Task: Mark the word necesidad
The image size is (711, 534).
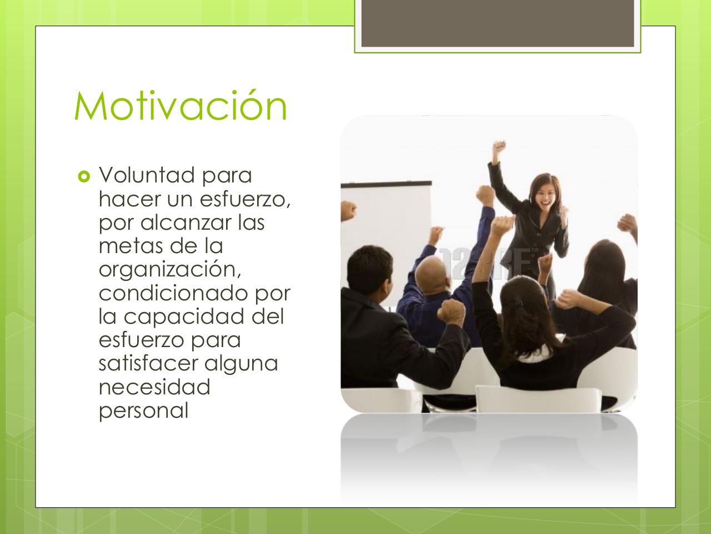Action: point(154,387)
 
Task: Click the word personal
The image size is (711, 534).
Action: point(143,411)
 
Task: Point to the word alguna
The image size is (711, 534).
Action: point(241,364)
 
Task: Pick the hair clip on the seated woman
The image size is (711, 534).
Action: point(518,304)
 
